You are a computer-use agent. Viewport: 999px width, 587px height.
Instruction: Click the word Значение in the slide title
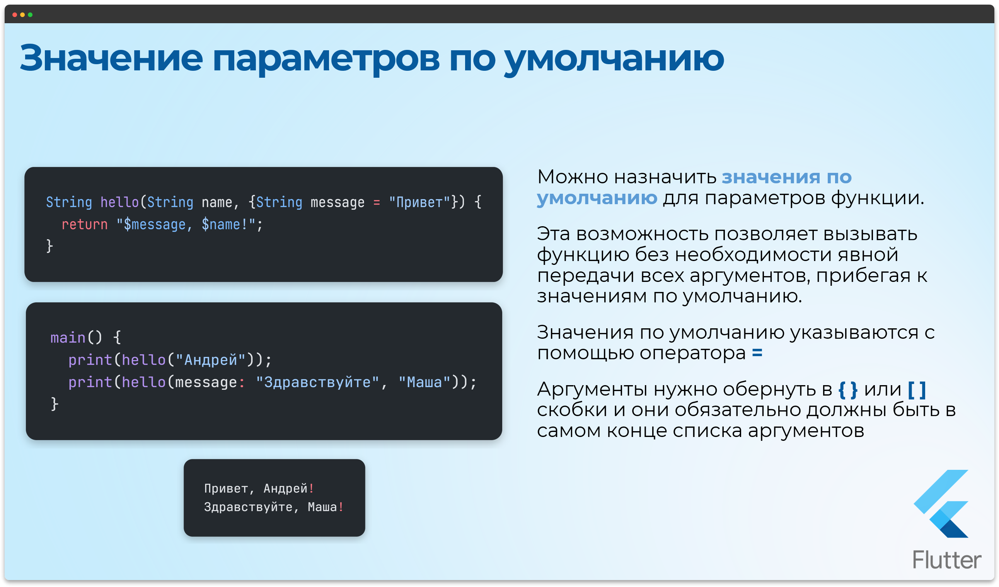111,58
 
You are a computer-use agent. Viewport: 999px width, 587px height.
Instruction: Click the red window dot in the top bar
15,15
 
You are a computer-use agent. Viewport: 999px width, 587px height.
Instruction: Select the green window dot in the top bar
30,15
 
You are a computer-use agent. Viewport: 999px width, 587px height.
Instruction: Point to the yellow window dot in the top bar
22,15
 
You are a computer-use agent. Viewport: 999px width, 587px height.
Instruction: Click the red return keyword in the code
84,225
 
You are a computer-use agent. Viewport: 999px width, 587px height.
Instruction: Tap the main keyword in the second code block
68,338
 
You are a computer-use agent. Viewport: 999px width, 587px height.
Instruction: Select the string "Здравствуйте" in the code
317,382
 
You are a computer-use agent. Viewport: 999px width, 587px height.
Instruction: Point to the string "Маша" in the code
424,382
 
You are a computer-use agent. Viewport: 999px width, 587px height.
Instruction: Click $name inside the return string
221,225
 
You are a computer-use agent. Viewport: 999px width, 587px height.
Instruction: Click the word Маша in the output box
322,507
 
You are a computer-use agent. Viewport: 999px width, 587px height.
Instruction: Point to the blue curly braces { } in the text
848,389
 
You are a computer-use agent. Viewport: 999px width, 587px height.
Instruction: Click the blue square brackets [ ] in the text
917,389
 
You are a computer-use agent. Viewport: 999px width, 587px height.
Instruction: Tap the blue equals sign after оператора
757,353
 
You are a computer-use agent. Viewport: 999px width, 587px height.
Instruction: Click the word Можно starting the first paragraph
573,177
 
